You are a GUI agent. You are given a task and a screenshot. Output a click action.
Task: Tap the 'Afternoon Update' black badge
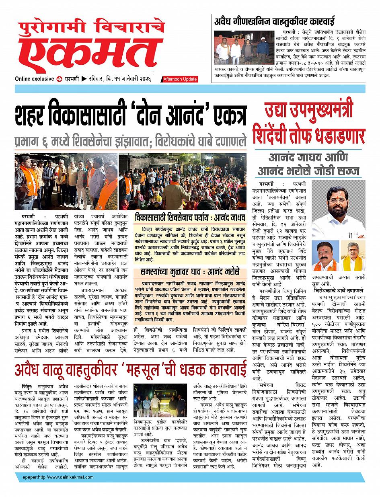pos(179,80)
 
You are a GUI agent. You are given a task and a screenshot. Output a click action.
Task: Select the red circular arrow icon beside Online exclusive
pos(60,79)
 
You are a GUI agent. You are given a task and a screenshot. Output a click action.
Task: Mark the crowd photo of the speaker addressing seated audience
pos(183,181)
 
